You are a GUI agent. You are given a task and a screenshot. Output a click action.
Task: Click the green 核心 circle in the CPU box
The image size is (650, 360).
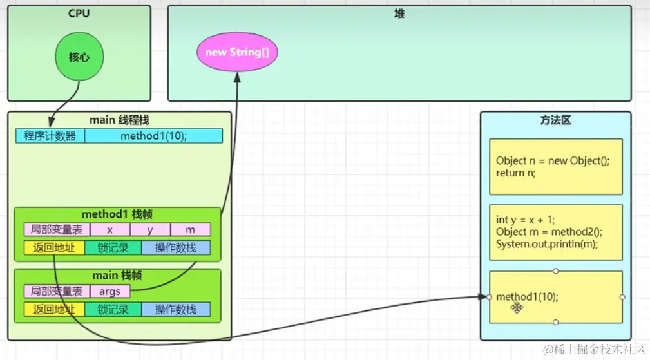(x=79, y=57)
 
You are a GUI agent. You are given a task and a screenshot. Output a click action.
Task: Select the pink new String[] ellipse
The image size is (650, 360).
(x=236, y=52)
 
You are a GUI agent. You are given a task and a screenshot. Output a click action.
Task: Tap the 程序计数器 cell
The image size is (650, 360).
(x=50, y=136)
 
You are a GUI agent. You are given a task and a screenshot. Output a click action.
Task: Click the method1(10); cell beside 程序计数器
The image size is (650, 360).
(x=153, y=136)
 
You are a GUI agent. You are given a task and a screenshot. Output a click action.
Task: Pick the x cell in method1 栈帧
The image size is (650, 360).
(x=110, y=230)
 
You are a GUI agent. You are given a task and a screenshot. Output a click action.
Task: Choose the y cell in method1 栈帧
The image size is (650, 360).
(x=150, y=230)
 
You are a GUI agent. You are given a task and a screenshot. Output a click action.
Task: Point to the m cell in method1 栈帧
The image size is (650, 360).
(x=191, y=230)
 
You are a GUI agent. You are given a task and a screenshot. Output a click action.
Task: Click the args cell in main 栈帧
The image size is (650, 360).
(x=110, y=291)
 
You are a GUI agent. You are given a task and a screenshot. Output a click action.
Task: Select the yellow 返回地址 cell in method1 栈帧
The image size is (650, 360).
(x=54, y=248)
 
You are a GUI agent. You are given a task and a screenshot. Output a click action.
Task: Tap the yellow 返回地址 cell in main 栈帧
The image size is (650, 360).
(x=54, y=309)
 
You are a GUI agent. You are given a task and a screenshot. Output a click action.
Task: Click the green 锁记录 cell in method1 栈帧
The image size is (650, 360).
(x=113, y=248)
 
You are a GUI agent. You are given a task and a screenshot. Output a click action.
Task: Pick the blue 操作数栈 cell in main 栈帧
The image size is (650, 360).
(x=176, y=309)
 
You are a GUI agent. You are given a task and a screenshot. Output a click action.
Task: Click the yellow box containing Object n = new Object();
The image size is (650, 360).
(x=555, y=166)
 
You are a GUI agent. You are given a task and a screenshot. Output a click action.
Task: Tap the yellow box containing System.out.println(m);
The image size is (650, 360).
(x=555, y=232)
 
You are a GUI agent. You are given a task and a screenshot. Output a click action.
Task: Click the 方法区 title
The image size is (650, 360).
(x=555, y=120)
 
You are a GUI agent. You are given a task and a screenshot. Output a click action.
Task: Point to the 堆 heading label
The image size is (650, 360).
(x=399, y=14)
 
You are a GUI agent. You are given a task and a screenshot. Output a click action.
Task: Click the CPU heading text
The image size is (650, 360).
(x=79, y=14)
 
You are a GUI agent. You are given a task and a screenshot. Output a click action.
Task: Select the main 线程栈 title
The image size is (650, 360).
(x=119, y=119)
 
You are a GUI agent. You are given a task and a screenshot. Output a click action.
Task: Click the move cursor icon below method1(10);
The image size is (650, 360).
(x=517, y=308)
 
